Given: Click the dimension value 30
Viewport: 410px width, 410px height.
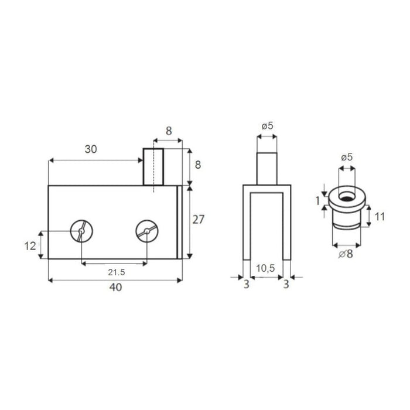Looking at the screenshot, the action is tap(91, 149).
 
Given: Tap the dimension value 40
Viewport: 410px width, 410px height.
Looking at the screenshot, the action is tap(115, 287).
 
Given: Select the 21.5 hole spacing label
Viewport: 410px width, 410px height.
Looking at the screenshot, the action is tap(117, 272).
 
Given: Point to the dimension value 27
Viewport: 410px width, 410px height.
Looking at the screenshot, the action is tap(198, 220).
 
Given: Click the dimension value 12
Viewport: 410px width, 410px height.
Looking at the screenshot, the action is tap(30, 246).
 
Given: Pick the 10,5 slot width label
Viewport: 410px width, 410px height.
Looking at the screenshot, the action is tap(265, 268).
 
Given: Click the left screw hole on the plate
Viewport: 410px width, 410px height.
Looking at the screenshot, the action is tap(81, 231).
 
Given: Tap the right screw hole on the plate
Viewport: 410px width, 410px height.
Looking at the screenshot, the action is tap(147, 231).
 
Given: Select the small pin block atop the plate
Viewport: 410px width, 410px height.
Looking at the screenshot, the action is tap(153, 167).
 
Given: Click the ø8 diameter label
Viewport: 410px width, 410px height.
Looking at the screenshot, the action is tap(346, 254).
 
